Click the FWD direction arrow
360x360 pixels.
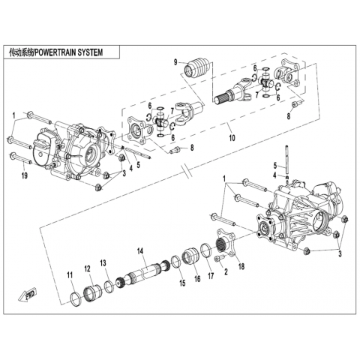[28, 295]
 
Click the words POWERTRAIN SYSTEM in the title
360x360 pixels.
[68, 52]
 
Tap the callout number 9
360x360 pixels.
[175, 62]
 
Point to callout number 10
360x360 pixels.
[232, 137]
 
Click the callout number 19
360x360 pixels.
[24, 175]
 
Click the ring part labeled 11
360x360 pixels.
[76, 298]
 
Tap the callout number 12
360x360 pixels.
[87, 269]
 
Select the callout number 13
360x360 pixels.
[103, 263]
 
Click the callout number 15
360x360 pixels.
[182, 283]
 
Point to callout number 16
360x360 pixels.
[197, 279]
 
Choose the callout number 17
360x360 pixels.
[211, 276]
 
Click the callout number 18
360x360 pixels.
[241, 266]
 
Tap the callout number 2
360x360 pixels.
[226, 271]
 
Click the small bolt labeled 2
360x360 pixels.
[219, 259]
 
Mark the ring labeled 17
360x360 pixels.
[207, 250]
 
